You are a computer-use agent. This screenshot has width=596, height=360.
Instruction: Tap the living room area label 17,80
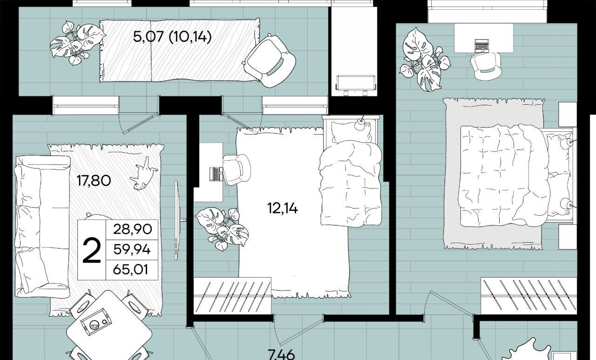[94, 181]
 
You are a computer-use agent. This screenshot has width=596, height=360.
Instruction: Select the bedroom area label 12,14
[283, 208]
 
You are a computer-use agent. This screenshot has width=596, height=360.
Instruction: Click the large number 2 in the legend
[92, 251]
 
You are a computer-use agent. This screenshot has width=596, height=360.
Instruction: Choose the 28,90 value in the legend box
[133, 229]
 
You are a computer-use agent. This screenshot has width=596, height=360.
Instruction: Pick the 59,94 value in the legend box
[132, 250]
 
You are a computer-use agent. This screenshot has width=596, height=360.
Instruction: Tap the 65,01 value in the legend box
[130, 270]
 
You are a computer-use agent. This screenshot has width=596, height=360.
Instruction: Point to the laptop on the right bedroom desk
[482, 45]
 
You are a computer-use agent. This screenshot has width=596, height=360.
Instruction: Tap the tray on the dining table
[95, 326]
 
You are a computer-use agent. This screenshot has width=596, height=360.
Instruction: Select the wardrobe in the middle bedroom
[232, 296]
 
